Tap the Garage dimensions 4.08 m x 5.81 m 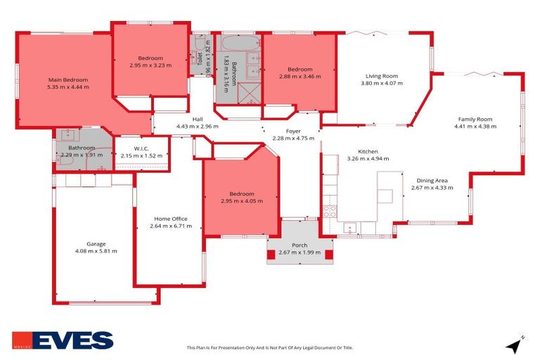click(96, 251)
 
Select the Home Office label click(170, 219)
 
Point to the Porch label click(300, 245)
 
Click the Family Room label click(475, 120)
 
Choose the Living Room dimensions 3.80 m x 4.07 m click(381, 84)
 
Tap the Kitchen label click(368, 152)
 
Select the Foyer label click(293, 131)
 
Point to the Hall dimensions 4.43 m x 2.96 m click(198, 127)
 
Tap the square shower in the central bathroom click(249, 94)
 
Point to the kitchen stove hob click(329, 211)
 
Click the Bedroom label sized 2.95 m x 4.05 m click(242, 193)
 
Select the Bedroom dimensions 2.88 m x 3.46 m click(300, 76)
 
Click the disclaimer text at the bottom click(269, 347)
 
